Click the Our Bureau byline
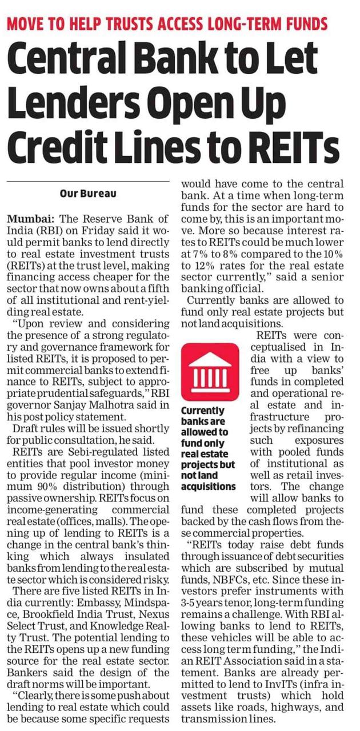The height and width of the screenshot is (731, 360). [88, 194]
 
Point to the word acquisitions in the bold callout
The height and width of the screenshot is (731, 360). [208, 486]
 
